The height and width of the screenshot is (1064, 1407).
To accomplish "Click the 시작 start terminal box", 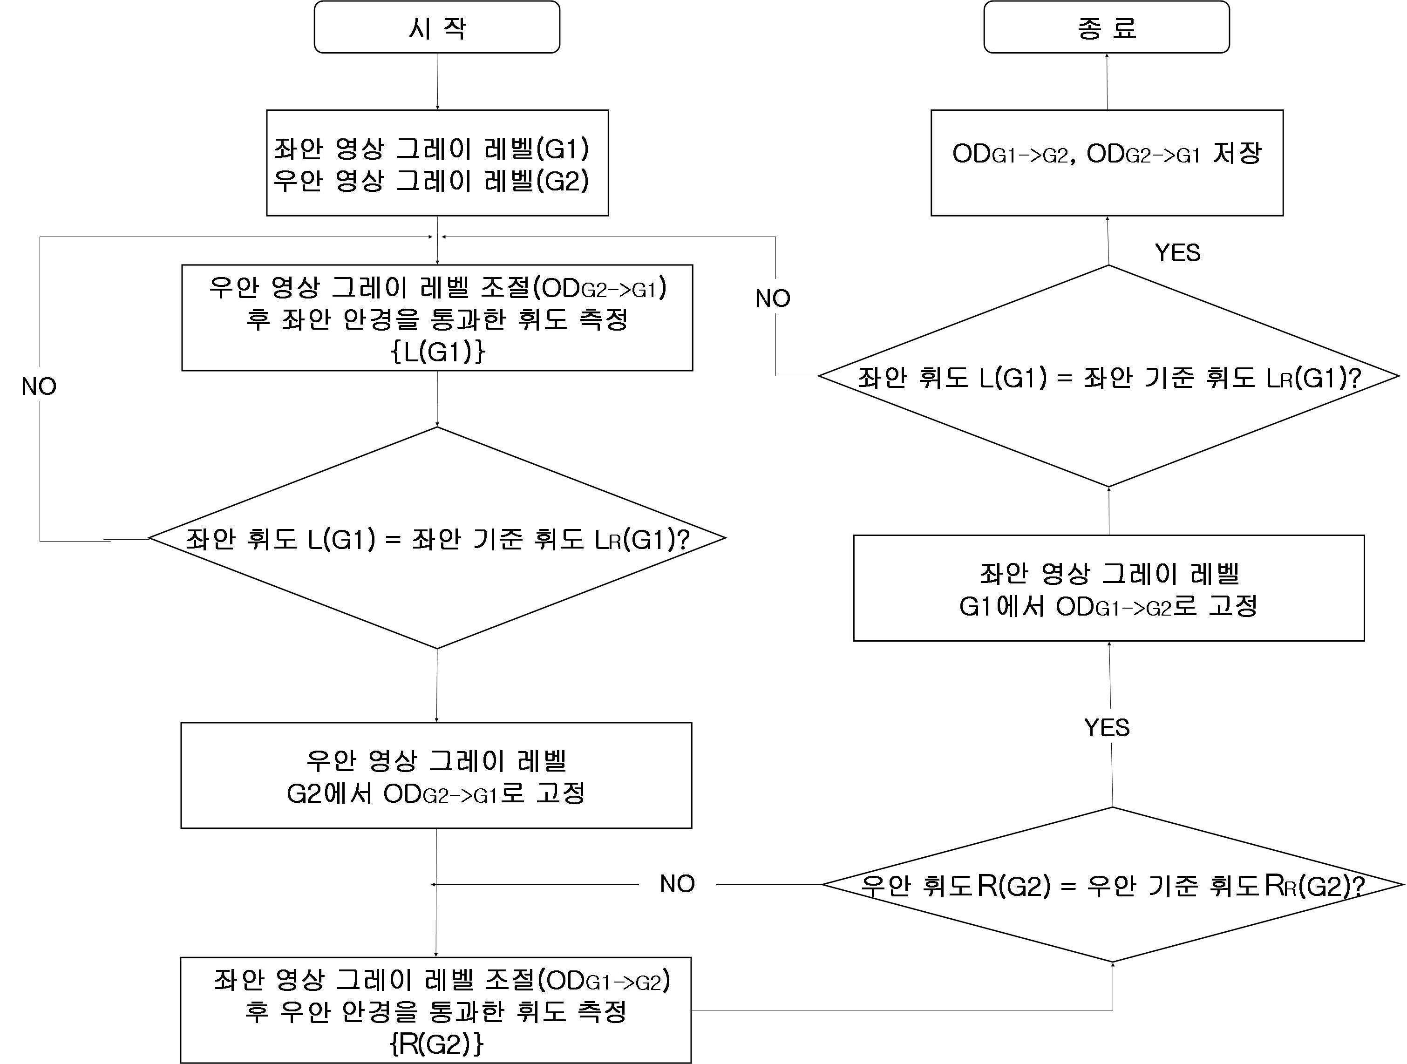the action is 437,27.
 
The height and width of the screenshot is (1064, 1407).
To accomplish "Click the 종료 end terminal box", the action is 1106,27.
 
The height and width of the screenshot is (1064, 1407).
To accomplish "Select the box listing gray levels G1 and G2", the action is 437,163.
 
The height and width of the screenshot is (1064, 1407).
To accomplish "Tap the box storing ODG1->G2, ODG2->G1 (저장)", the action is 1107,163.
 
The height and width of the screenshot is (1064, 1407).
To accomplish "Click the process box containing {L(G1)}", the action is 437,318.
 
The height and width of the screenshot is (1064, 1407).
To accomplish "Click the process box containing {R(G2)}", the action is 436,1010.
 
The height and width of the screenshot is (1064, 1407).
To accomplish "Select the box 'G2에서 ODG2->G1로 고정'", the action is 436,775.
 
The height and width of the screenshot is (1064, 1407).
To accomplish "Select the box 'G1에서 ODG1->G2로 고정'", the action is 1108,588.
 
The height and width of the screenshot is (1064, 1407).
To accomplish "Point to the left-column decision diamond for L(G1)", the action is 437,538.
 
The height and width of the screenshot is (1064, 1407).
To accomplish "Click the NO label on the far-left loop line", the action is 39,386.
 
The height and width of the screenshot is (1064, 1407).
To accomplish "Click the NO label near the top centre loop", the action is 773,298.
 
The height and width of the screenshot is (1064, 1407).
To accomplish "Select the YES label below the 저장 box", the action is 1177,252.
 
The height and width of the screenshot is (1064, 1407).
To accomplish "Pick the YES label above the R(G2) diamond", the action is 1107,727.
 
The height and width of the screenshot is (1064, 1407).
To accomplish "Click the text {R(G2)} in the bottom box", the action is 436,1043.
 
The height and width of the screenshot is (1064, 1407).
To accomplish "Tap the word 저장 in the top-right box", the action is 1237,153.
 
